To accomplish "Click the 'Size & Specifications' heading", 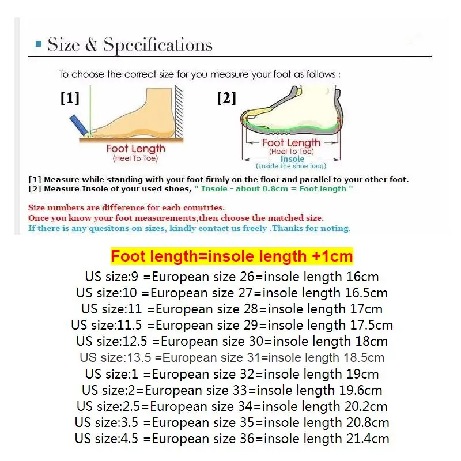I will tap(130, 45).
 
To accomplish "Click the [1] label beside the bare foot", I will tap(70, 99).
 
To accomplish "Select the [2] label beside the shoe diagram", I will tap(226, 99).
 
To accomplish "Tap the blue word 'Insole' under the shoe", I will tap(292, 159).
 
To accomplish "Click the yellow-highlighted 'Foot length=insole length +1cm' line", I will tap(232, 256).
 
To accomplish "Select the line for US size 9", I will tap(232, 277).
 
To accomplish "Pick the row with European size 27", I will tap(232, 293).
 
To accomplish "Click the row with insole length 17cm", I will tap(232, 309).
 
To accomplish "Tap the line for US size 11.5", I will tap(232, 325).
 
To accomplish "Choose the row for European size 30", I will tap(232, 341).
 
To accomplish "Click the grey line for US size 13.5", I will tap(232, 357).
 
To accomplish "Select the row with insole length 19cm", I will tap(232, 373).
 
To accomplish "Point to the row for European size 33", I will tap(232, 390).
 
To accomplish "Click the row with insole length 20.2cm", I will tap(232, 406).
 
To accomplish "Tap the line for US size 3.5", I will tap(232, 422).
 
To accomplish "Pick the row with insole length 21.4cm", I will tap(232, 439).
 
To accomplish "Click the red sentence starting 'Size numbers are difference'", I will tap(126, 207).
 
